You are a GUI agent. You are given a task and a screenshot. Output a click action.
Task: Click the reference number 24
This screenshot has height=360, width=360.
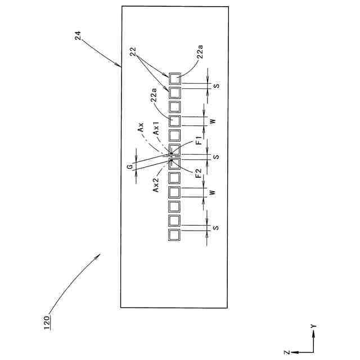(78, 36)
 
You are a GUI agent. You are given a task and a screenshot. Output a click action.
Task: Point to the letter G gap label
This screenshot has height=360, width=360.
(129, 167)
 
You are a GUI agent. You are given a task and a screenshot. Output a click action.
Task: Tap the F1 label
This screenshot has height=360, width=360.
(199, 140)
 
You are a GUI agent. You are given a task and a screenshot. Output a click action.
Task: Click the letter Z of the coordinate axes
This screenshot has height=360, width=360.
(287, 352)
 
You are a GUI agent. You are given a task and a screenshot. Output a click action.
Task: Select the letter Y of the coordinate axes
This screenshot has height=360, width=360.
(313, 326)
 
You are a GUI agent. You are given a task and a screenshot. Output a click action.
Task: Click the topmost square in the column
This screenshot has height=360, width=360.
(175, 78)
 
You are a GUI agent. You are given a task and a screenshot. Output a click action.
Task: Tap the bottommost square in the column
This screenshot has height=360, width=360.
(175, 235)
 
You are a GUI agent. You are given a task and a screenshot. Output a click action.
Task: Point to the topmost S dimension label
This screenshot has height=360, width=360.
(215, 85)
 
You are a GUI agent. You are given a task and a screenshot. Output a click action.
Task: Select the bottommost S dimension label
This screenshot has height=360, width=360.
(215, 227)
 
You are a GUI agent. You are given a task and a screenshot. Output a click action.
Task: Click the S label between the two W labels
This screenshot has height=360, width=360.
(215, 156)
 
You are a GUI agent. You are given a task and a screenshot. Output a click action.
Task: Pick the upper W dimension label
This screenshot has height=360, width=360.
(212, 121)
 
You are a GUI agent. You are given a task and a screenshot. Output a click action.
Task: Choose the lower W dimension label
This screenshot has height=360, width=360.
(212, 192)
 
